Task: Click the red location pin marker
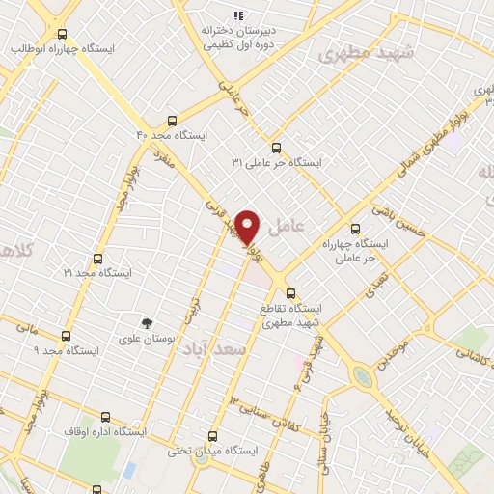pos(248,227)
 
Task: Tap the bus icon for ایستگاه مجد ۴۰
pos(171,121)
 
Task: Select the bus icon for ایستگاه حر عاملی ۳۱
pos(277,148)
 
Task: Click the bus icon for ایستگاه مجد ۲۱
pos(97,259)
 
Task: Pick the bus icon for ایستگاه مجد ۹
pos(66,336)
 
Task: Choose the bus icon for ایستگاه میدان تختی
pos(214,436)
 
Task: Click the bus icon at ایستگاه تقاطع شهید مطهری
pos(291,293)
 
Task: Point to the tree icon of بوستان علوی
pos(147,323)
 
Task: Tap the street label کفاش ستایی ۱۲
pos(261,411)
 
